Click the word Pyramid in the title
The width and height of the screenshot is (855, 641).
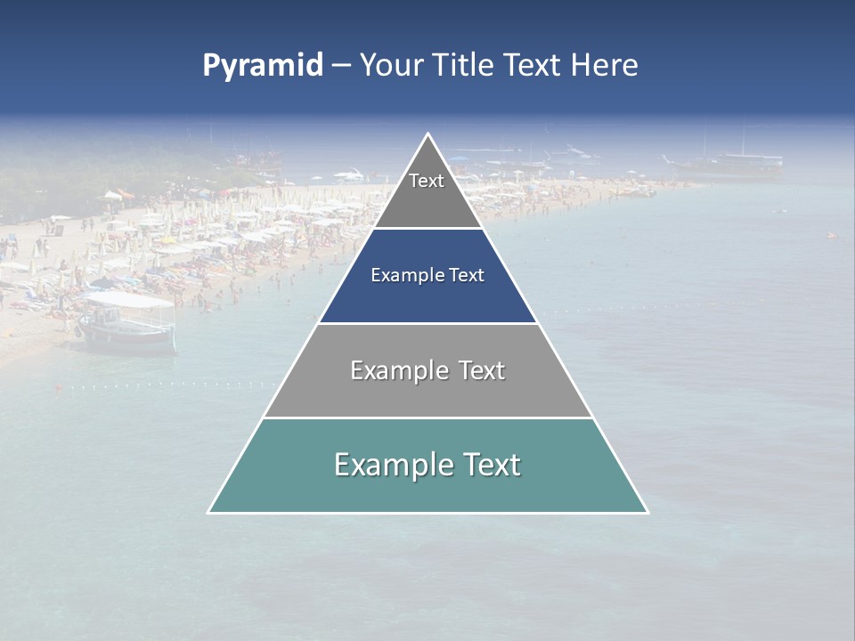(262, 66)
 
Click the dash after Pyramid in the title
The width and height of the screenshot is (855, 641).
(341, 66)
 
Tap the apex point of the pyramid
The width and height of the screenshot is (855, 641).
(428, 134)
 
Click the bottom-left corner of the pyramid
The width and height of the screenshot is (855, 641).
(209, 512)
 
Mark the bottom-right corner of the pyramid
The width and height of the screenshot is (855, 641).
(647, 512)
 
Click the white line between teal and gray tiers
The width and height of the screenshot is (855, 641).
(427, 418)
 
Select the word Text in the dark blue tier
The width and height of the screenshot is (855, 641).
(467, 275)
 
